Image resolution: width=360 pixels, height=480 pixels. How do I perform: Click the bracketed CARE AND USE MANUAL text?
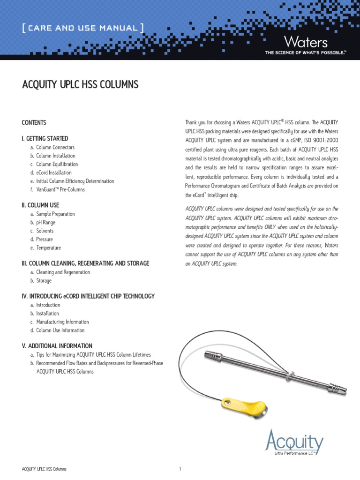(82, 28)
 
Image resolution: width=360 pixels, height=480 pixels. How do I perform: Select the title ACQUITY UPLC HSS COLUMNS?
(80, 84)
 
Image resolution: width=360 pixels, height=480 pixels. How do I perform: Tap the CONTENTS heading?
(34, 123)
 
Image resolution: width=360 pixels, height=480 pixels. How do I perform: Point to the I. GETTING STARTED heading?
(45, 139)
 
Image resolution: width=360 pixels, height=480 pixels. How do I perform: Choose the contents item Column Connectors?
(55, 147)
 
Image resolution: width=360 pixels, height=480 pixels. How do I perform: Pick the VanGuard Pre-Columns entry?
(60, 189)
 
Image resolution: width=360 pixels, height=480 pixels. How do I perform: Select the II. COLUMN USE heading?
(40, 205)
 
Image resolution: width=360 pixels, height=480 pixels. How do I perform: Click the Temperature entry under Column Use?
(48, 247)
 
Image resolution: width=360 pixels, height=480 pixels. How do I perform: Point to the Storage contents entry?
(44, 280)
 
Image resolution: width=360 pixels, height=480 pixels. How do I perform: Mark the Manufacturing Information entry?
(62, 322)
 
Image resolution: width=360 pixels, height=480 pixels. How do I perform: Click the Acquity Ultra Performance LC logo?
(294, 443)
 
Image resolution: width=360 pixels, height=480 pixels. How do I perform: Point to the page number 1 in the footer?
(180, 469)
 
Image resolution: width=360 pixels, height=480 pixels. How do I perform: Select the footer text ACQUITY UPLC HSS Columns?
(44, 469)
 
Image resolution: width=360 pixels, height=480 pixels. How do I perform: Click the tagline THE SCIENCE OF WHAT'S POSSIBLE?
(305, 53)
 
